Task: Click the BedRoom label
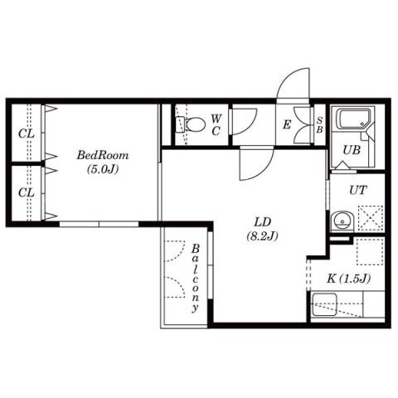(103, 155)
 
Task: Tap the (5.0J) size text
(103, 169)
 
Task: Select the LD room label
(263, 221)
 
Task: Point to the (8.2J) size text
(262, 235)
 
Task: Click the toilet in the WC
(191, 124)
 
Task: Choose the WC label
(216, 125)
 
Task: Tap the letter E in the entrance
(287, 125)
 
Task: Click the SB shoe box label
(320, 125)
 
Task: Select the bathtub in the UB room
(355, 119)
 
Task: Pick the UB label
(352, 150)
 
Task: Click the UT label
(358, 190)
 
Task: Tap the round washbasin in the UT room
(342, 221)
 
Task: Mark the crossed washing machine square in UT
(371, 218)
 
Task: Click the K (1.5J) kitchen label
(349, 279)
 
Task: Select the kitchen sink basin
(324, 305)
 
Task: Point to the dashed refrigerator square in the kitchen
(371, 251)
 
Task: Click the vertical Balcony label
(196, 278)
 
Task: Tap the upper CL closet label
(27, 133)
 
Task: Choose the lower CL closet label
(27, 192)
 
